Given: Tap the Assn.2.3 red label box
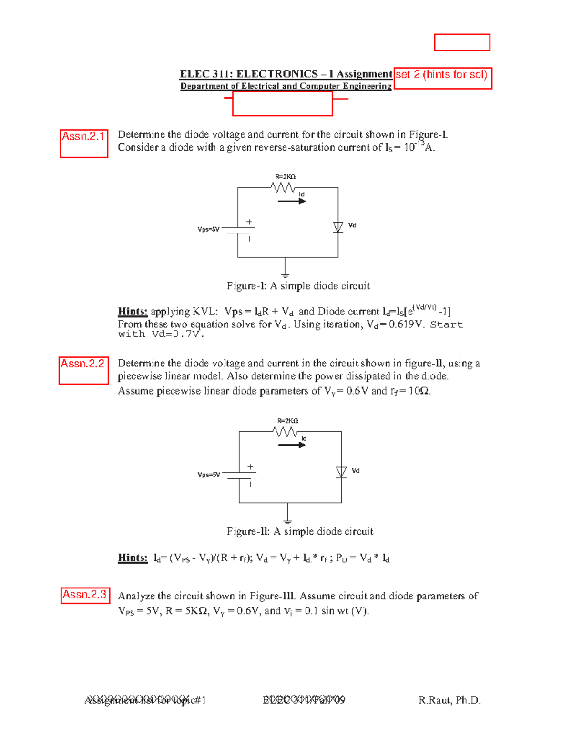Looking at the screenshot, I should (85, 595).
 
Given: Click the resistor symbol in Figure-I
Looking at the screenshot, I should (284, 188).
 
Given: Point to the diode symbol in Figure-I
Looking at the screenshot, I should (338, 227).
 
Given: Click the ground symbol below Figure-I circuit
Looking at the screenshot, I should (285, 274).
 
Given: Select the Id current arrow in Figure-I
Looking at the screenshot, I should (291, 201).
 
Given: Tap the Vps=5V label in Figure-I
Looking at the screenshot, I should (208, 229).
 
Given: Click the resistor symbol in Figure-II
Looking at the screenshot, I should (286, 432).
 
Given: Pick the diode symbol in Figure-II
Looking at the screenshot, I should (341, 472).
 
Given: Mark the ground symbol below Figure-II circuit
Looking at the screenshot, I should (287, 520).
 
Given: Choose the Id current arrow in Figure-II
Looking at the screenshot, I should (292, 445).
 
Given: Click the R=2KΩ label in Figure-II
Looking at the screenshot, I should (288, 421).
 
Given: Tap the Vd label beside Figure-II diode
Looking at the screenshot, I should (356, 471).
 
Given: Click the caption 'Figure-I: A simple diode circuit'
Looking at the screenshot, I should (298, 286).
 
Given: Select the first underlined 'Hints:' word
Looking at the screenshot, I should (133, 312).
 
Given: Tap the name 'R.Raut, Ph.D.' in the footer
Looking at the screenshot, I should (449, 700).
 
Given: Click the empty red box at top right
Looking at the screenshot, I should (462, 42).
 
